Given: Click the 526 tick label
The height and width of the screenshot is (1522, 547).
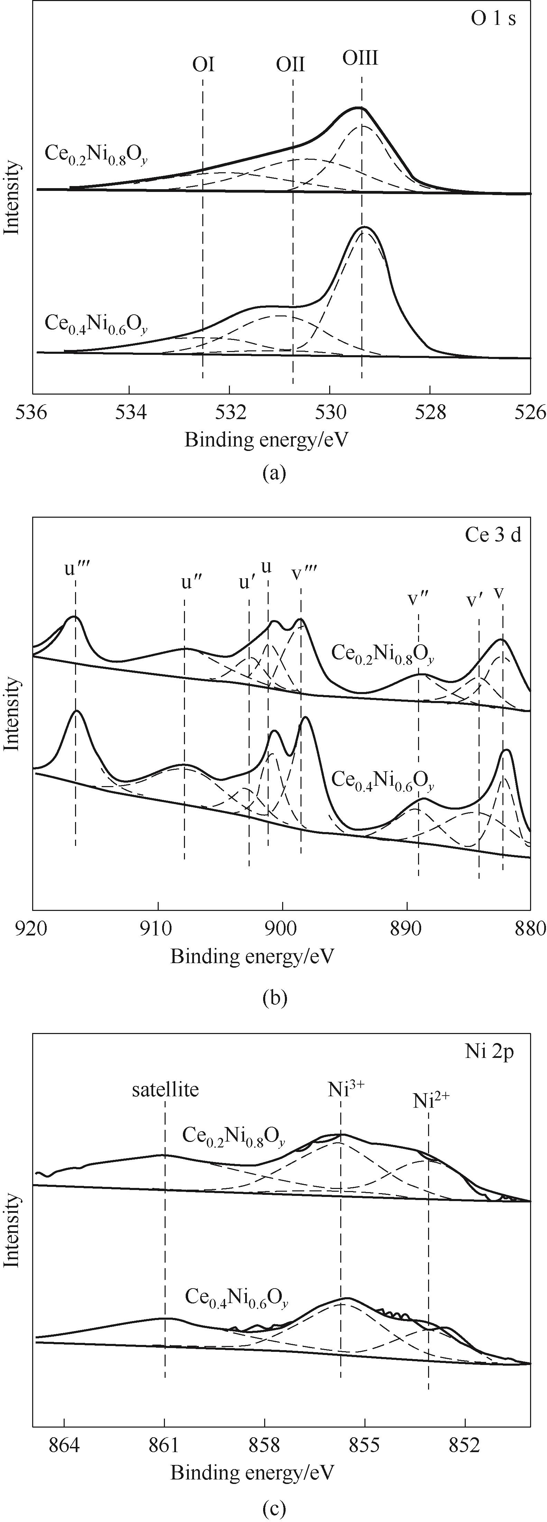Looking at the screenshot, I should (530, 413).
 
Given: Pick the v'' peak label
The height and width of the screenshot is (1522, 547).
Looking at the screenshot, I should (418, 598).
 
